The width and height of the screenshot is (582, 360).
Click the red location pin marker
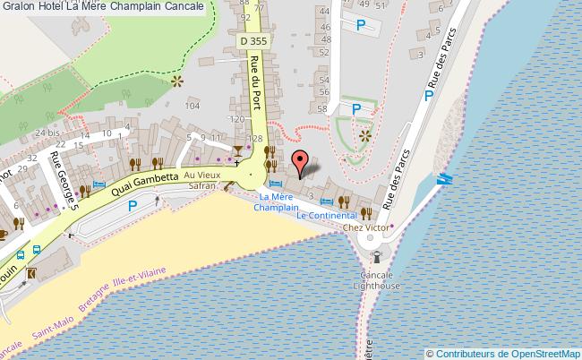(302, 162)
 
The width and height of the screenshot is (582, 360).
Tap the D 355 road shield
(254, 42)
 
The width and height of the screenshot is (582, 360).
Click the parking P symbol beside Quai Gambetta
(133, 206)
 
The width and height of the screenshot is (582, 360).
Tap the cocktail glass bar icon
(237, 150)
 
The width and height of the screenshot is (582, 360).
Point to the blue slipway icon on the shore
(444, 179)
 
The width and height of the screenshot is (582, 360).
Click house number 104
(191, 106)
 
